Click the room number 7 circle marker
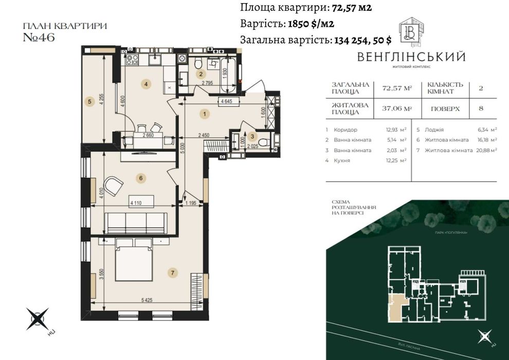[173, 273]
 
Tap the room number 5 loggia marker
[89, 102]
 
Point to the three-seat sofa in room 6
[136, 222]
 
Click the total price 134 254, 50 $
[362, 40]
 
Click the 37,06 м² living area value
[397, 109]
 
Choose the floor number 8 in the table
[480, 109]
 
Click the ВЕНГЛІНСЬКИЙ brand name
[411, 57]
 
